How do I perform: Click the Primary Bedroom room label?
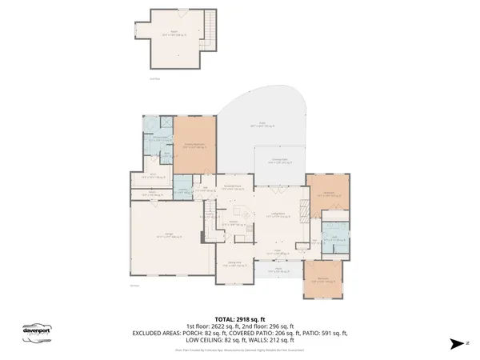[195, 146]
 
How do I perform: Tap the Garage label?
[170, 234]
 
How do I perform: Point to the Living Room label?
[278, 214]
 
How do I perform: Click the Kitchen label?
[234, 225]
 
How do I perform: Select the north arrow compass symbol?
[455, 343]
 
